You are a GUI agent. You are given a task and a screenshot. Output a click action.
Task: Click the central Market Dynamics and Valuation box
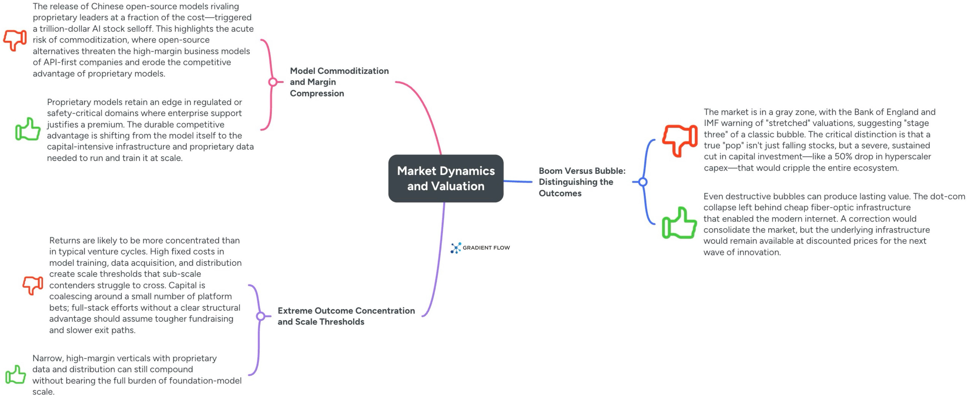(x=446, y=178)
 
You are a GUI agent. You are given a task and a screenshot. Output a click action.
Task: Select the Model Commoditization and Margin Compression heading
(x=339, y=82)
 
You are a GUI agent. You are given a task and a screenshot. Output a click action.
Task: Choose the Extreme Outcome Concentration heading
(x=346, y=316)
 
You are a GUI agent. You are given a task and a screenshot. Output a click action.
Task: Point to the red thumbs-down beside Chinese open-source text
(x=15, y=40)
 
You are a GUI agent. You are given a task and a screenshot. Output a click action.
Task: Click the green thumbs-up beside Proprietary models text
(x=28, y=129)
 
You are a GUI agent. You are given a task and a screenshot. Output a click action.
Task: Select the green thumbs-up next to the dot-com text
(x=679, y=224)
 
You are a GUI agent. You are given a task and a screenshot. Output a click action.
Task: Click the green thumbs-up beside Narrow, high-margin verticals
(x=16, y=375)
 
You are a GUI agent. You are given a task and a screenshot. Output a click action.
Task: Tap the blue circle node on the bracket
(x=643, y=182)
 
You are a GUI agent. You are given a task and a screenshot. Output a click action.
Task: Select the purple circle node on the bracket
(x=261, y=316)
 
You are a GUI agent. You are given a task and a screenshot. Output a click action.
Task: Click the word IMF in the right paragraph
(x=712, y=123)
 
